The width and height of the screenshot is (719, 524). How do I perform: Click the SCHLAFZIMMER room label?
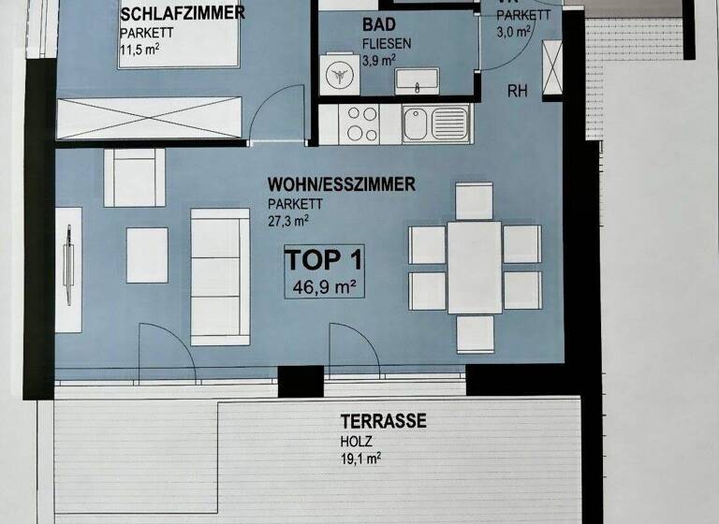183,13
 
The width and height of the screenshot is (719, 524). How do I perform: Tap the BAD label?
380,25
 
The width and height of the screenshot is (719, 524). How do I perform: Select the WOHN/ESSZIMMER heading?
341,184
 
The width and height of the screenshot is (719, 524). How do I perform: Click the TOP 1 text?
323,259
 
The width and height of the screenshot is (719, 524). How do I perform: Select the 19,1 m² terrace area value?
360,458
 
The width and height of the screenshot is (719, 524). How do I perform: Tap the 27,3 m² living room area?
287,221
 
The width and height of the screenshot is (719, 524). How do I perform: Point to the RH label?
517,92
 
